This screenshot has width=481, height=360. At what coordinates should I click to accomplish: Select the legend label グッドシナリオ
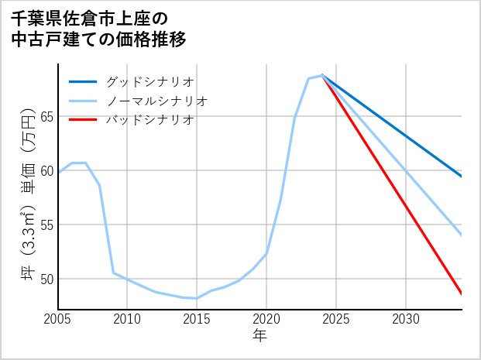(149, 81)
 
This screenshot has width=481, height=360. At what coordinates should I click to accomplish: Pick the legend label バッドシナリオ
(149, 120)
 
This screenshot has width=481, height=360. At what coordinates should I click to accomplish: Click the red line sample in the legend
(83, 120)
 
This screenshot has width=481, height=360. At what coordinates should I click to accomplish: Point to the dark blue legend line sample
(83, 81)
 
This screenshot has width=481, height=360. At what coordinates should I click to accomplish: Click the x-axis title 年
(260, 336)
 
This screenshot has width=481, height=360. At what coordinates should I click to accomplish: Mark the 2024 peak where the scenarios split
(322, 75)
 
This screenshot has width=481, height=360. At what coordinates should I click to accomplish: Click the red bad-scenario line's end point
(462, 294)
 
